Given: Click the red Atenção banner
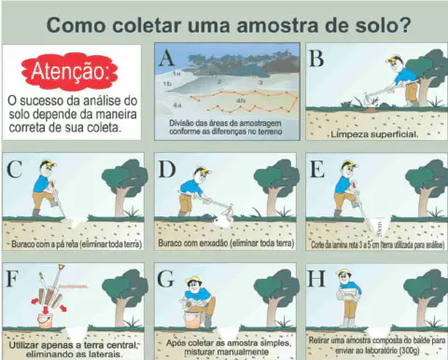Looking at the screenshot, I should (73, 69).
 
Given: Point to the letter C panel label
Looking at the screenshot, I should (14, 169).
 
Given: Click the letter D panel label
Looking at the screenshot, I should (167, 169).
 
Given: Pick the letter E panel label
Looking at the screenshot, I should (316, 169).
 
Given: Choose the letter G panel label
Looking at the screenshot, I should (167, 277).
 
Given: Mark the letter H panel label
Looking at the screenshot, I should (316, 277).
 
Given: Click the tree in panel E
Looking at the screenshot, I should (426, 182).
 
